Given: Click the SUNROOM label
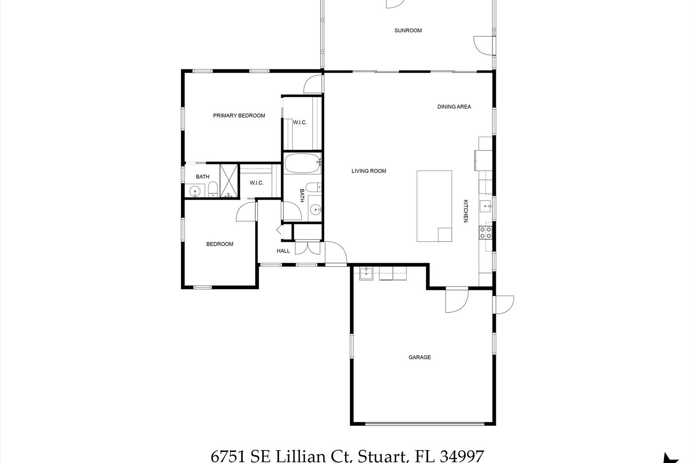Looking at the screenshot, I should tap(408, 30).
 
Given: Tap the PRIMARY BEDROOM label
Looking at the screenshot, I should tap(239, 115).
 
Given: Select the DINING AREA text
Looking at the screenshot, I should tap(454, 106).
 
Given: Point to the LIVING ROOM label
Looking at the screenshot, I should tap(369, 171).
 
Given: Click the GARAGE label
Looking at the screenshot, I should tap(420, 357).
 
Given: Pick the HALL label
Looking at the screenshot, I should tap(283, 251).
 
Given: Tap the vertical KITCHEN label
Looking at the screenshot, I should tap(466, 211).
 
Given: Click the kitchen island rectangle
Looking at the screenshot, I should tap(434, 206).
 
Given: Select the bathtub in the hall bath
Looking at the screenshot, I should tap(303, 164).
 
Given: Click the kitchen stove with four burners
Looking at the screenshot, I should tap(485, 232).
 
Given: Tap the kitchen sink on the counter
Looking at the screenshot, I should tap(485, 206).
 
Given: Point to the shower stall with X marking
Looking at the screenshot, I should tap(229, 181).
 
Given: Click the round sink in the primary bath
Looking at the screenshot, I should tap(195, 191).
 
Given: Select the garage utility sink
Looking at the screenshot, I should tap(366, 274).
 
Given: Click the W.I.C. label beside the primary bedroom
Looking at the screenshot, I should tap(300, 123).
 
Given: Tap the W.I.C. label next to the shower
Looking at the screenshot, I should tap(256, 183).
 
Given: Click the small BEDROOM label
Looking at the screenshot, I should tap(220, 244).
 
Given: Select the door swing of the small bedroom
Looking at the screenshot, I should tap(246, 212).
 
